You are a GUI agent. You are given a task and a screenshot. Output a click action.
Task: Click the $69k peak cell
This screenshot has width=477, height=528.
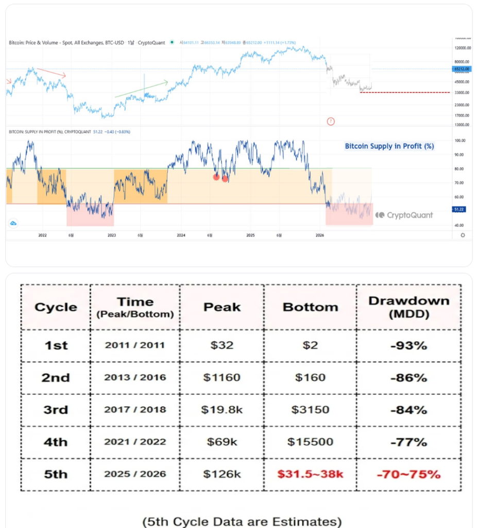222,442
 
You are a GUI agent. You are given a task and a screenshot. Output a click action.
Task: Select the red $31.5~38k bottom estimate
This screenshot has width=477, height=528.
310,474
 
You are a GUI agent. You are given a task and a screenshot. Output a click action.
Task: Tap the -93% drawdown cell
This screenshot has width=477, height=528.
408,345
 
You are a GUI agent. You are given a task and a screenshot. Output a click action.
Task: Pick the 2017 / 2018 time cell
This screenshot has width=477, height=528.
135,410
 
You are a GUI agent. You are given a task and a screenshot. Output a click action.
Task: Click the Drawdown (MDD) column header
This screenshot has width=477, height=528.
408,307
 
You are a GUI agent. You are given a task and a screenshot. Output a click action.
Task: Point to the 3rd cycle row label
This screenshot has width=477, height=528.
56,410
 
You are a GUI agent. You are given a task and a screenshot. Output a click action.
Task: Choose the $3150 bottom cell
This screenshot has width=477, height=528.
310,410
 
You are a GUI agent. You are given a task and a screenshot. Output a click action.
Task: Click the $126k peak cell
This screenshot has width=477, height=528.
222,474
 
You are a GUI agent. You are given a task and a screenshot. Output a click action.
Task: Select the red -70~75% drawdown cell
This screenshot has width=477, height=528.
408,474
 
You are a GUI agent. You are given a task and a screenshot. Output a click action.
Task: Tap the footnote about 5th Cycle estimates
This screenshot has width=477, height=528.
242,521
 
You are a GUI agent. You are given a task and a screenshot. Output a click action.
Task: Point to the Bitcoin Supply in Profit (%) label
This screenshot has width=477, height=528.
389,146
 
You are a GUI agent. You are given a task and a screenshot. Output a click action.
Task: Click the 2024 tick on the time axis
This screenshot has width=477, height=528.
181,235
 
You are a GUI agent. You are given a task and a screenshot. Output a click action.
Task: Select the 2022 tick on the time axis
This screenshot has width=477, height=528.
42,235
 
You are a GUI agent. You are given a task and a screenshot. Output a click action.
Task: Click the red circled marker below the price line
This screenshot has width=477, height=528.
331,121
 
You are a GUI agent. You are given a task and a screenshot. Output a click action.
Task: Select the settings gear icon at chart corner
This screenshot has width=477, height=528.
463,235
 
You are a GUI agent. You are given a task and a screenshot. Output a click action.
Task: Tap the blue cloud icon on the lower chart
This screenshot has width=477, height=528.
13,223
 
